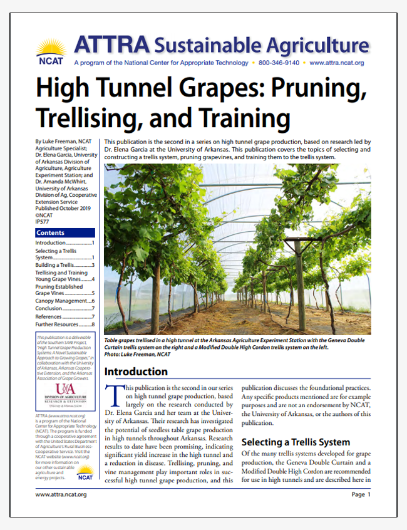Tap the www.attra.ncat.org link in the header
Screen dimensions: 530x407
coord(337,63)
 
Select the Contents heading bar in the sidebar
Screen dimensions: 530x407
coord(65,233)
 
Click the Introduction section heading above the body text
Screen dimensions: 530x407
coord(136,372)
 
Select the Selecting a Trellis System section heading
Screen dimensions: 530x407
coord(296,442)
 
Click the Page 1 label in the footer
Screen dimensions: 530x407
coord(361,494)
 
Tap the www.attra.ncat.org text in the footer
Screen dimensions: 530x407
coord(61,494)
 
